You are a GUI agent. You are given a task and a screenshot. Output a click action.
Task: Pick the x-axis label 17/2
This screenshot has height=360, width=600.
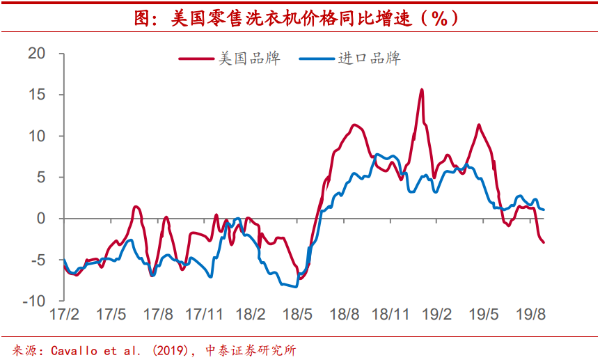(x=63, y=314)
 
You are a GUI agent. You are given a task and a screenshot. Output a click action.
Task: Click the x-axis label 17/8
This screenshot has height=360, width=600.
(x=157, y=314)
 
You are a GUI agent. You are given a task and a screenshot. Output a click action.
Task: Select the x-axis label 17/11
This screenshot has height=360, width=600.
(x=204, y=314)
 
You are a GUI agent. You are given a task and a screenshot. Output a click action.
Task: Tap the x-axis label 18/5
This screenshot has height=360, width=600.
(x=297, y=314)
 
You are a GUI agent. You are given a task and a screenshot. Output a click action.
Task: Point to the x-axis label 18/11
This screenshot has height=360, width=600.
(x=390, y=314)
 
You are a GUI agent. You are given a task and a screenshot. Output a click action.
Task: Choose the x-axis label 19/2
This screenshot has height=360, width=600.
(x=437, y=314)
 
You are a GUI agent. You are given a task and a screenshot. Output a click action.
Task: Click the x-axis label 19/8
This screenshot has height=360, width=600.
(x=530, y=314)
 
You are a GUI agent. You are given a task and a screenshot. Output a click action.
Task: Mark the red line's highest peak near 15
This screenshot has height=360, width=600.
(x=422, y=90)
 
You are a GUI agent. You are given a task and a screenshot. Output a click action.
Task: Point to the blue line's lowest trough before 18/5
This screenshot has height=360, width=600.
(x=295, y=286)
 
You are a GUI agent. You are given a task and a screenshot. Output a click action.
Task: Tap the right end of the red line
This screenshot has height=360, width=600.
(x=544, y=242)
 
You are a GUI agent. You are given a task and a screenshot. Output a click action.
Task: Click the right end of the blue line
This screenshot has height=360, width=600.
(x=544, y=209)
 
